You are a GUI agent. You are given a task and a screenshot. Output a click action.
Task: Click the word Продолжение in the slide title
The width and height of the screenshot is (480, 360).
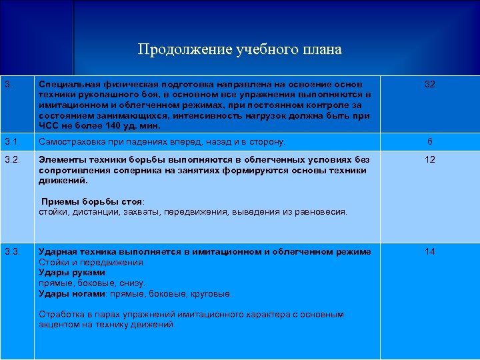[175, 49]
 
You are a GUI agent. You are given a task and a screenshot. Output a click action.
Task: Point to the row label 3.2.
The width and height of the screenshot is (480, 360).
[12, 160]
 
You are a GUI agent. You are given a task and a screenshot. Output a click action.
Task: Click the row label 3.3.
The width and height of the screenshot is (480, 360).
[12, 251]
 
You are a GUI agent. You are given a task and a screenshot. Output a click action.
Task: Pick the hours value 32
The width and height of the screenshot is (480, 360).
[430, 85]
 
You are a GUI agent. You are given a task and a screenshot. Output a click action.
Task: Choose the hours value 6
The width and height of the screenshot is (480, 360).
[430, 141]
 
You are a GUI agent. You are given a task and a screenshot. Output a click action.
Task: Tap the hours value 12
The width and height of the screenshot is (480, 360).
[430, 160]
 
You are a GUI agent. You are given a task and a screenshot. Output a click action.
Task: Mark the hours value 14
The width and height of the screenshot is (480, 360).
[430, 251]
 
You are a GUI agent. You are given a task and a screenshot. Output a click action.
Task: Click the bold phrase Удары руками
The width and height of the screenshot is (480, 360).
[72, 273]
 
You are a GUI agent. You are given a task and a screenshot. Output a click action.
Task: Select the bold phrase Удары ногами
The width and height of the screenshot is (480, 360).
[72, 293]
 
